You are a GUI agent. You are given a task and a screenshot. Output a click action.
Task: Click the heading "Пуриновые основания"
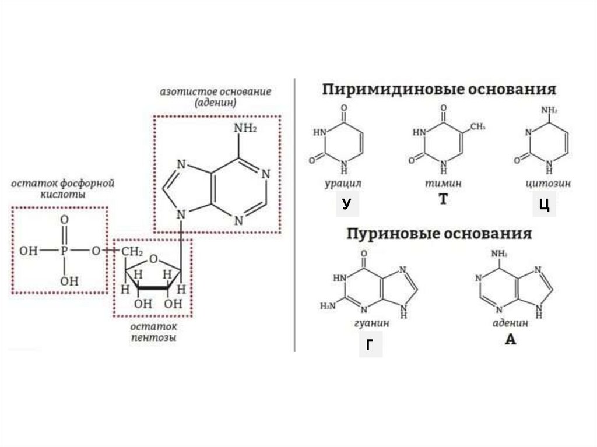pyautogui.click(x=440, y=234)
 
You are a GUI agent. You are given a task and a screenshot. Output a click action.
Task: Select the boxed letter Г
pyautogui.click(x=370, y=344)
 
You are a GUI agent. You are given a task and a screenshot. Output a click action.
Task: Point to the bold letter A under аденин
pyautogui.click(x=510, y=339)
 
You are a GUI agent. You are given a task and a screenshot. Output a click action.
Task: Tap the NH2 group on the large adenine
pyautogui.click(x=245, y=129)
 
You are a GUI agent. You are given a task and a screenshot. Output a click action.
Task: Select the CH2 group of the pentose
pyautogui.click(x=132, y=251)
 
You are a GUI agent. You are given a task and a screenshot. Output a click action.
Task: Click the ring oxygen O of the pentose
pyautogui.click(x=153, y=259)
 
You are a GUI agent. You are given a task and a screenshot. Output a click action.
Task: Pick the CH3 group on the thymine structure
pyautogui.click(x=478, y=126)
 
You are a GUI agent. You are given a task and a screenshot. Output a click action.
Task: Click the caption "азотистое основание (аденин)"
pyautogui.click(x=216, y=97)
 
